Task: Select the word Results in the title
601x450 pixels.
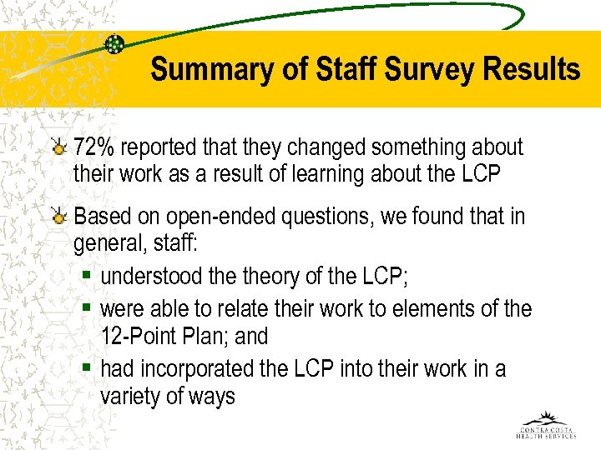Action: click(529, 69)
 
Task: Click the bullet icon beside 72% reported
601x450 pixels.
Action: click(58, 148)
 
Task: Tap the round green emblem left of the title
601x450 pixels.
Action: click(115, 43)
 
